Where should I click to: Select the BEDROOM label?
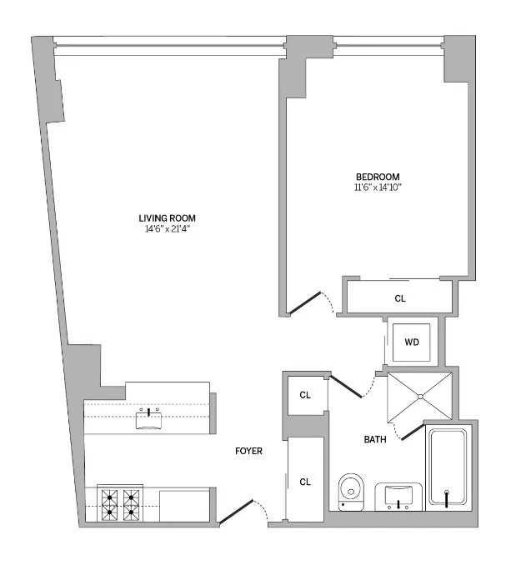point(378,177)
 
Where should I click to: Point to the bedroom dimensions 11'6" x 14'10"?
point(378,187)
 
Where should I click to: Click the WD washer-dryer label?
point(411,342)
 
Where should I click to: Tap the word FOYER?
point(248,452)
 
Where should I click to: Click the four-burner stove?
point(119,503)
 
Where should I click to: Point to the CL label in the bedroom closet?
point(400,297)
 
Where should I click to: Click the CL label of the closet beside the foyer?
point(305,482)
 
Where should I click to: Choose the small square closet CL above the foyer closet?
point(305,395)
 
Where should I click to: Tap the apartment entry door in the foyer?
point(236,511)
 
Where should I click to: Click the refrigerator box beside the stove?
point(183,505)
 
